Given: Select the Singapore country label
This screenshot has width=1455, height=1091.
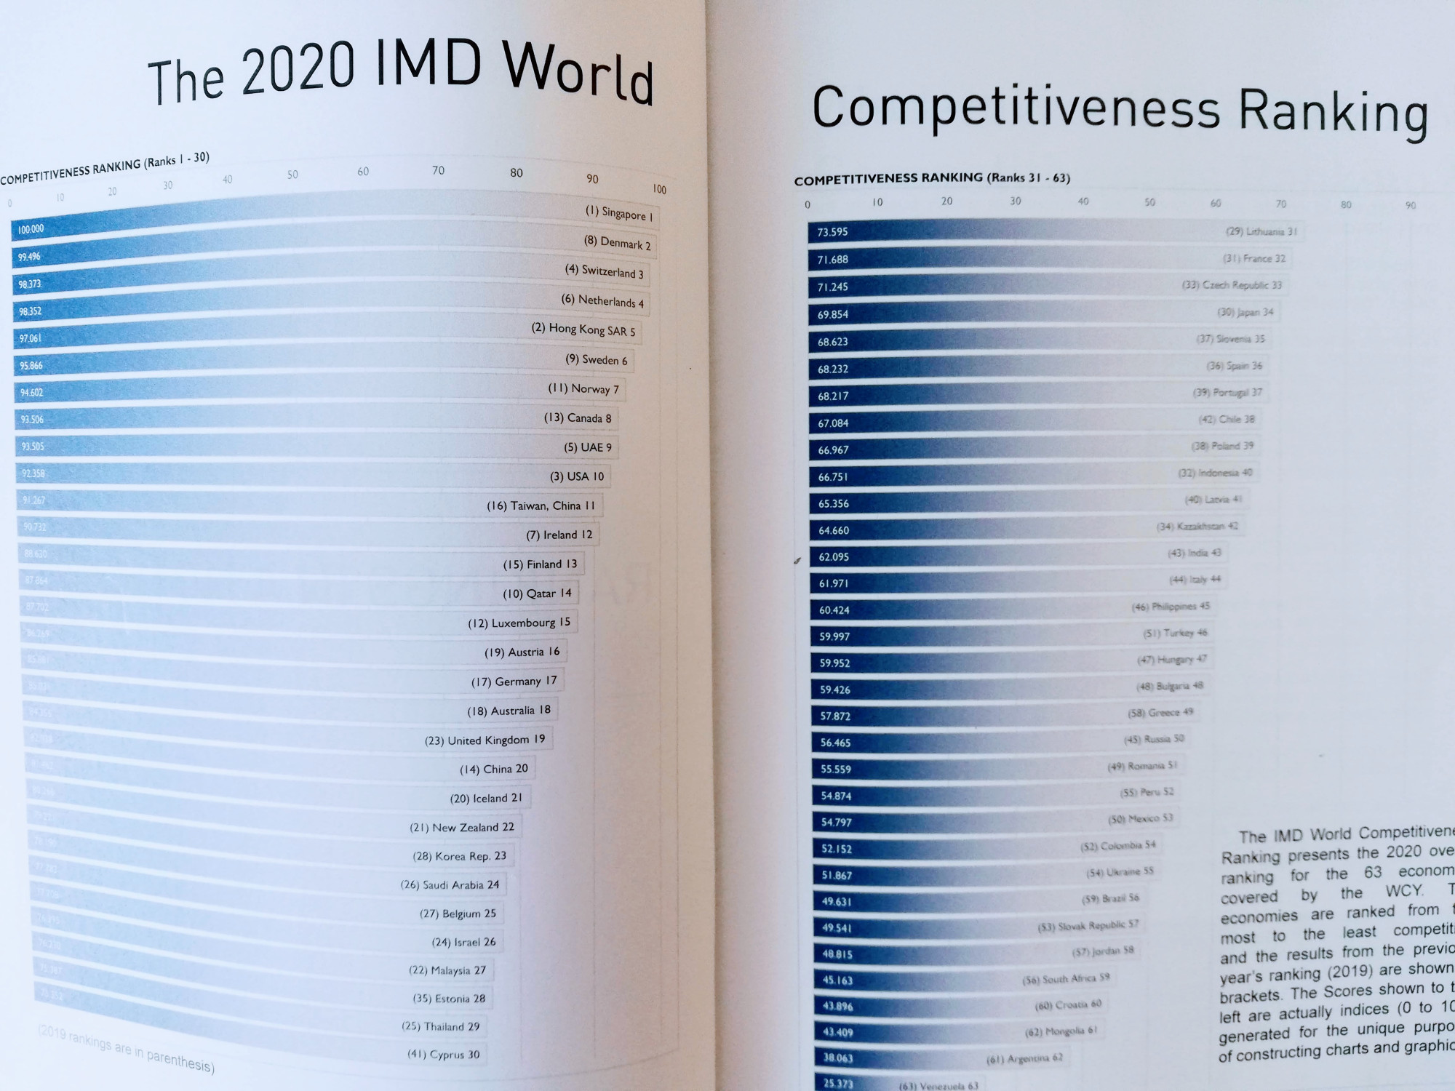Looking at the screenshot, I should click(x=619, y=213).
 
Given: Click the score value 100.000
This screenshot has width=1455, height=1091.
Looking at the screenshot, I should click(x=31, y=229).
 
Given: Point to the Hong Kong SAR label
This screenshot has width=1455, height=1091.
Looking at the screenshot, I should click(x=583, y=329).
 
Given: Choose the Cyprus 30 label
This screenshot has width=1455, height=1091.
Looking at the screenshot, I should click(x=443, y=1054).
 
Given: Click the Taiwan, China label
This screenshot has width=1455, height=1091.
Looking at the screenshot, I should click(x=541, y=505).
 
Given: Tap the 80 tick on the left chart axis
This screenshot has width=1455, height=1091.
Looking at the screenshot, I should click(x=517, y=173).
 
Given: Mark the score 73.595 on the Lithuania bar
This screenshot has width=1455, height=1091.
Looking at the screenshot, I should click(x=832, y=232).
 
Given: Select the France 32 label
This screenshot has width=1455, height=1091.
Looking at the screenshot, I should click(x=1254, y=258).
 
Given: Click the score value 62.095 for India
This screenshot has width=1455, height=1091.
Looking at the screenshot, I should click(x=834, y=557).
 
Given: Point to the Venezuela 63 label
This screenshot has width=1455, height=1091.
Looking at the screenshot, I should click(x=938, y=1086).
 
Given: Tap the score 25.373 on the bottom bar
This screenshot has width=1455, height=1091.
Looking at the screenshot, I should click(x=838, y=1084).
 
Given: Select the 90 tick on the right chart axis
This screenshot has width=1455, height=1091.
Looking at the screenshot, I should click(x=1411, y=206).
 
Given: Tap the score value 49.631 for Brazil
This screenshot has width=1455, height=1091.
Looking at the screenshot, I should click(x=837, y=902).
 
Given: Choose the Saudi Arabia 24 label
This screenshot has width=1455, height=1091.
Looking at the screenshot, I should click(x=450, y=885).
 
